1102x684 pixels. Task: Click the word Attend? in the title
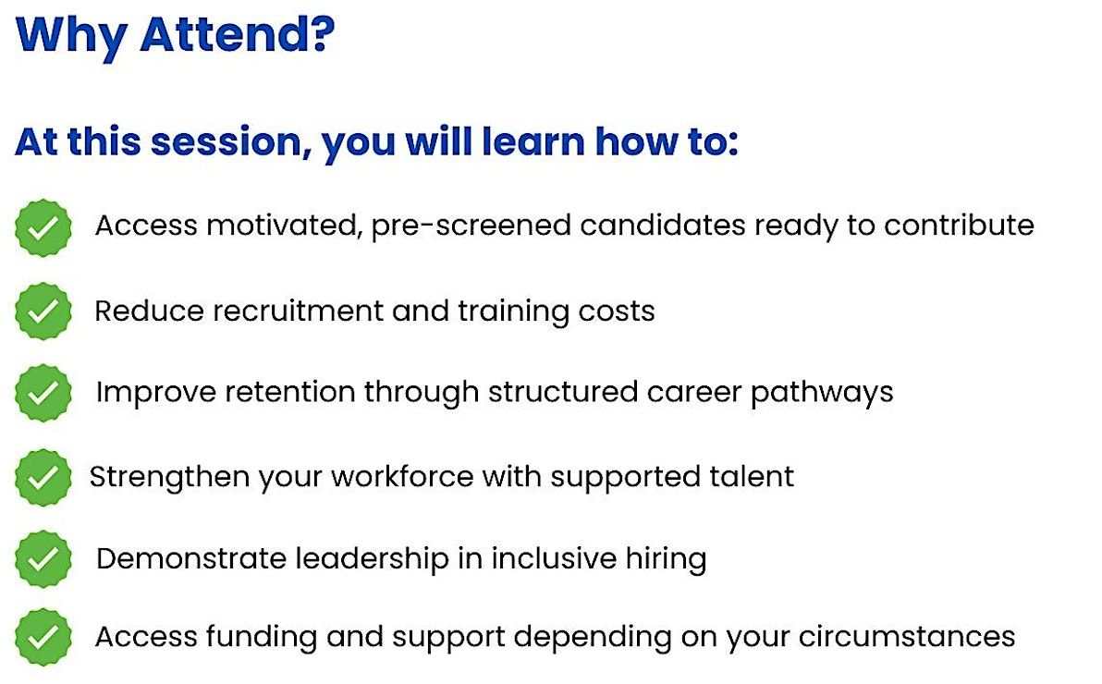click(x=238, y=34)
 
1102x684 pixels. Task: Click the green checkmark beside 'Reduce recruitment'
click(x=43, y=311)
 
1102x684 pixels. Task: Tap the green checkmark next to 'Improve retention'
click(x=43, y=393)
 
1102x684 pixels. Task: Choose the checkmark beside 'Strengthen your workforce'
click(x=43, y=478)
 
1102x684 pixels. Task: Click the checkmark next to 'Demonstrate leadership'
click(x=43, y=559)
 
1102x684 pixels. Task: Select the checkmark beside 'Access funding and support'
click(x=43, y=638)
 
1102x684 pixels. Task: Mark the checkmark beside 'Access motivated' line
click(x=43, y=227)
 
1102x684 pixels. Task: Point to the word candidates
click(x=663, y=225)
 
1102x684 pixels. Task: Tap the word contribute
click(x=959, y=225)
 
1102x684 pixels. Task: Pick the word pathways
click(x=822, y=393)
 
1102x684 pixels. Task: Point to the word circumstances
click(x=907, y=637)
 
